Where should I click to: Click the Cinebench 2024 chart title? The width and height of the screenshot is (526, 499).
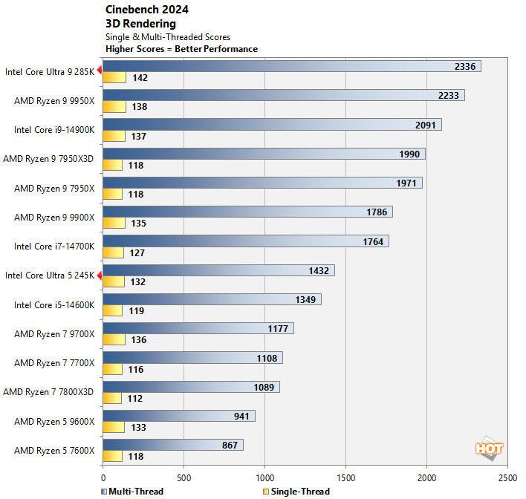click(147, 10)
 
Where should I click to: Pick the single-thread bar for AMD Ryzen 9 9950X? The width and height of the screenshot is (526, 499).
click(112, 107)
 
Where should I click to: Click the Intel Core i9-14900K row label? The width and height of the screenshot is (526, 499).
click(54, 130)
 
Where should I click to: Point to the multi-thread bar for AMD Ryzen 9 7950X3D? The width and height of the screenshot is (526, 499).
click(264, 154)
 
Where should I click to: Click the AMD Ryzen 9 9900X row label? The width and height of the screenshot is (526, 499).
click(54, 218)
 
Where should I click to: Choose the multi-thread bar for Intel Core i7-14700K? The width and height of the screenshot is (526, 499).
click(245, 241)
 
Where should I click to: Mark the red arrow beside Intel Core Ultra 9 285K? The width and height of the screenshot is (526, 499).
click(100, 71)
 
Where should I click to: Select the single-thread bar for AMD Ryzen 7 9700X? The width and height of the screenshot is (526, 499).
click(113, 339)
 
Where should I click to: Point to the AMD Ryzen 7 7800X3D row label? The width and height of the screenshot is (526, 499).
click(49, 391)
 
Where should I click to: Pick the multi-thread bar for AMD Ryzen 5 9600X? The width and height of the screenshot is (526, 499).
click(178, 415)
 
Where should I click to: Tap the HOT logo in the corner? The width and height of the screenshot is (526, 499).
click(489, 449)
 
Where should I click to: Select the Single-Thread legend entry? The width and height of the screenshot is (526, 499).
click(296, 491)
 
